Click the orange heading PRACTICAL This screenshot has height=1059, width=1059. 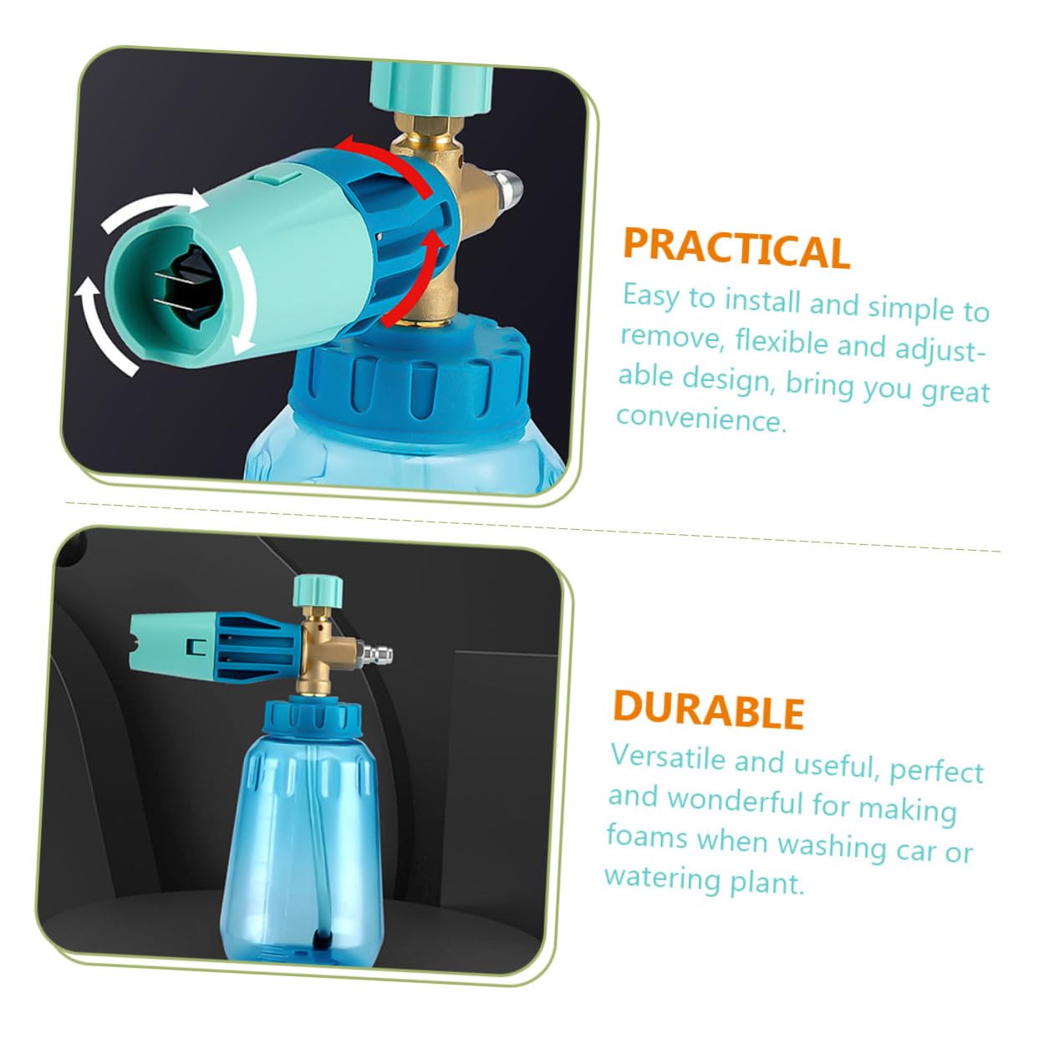coord(736,248)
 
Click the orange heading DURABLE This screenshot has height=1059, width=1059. coord(709,710)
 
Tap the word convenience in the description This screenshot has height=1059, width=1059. coord(701,419)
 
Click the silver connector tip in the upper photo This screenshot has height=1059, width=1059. coord(508,187)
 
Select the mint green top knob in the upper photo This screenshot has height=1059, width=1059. coord(430,85)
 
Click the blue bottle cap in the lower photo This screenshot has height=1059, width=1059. coord(312,718)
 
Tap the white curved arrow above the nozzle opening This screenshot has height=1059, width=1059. coord(155,208)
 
